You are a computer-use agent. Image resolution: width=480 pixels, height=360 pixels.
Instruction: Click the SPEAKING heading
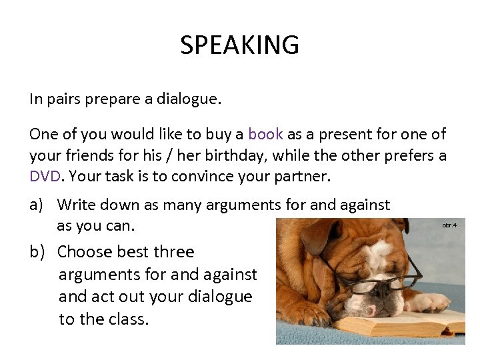pyautogui.click(x=239, y=45)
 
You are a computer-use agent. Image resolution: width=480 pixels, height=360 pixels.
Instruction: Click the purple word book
pyautogui.click(x=265, y=134)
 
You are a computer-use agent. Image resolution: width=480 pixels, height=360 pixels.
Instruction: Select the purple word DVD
pyautogui.click(x=45, y=177)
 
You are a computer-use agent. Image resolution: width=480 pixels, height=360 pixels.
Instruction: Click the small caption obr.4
pyautogui.click(x=449, y=225)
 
